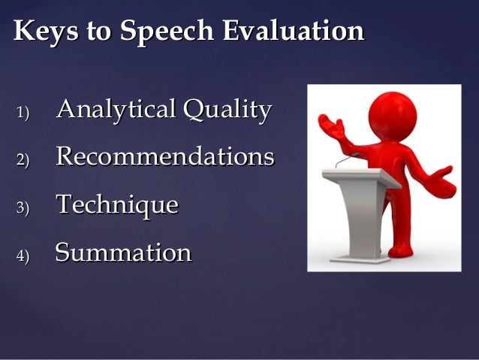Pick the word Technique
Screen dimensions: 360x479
117,204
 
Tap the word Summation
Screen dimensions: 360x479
123,253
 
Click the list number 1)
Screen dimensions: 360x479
22,113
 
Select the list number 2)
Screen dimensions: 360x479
22,160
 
